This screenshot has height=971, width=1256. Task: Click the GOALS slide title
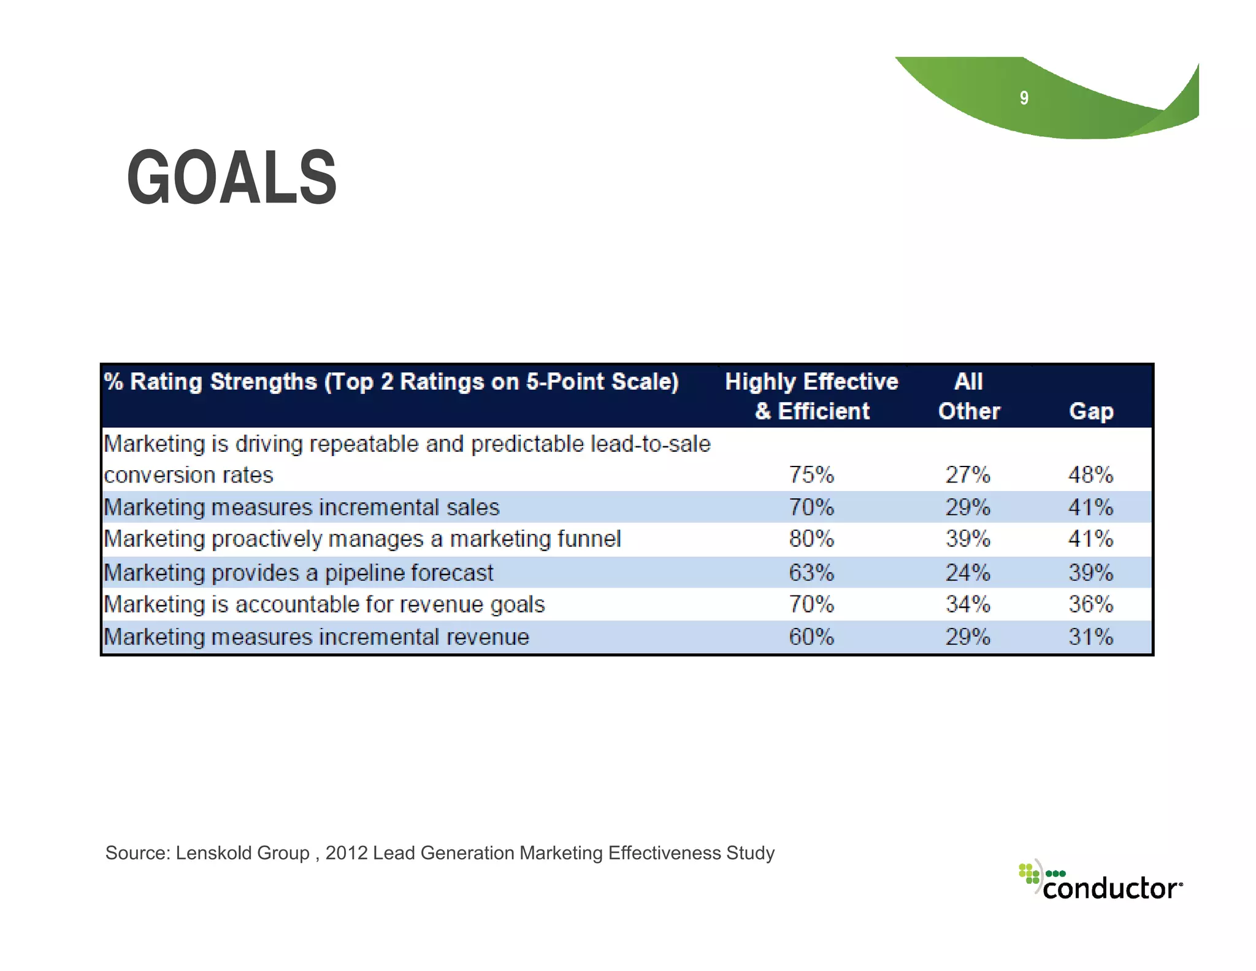tap(232, 178)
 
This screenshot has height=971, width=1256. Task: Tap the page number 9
tap(1024, 98)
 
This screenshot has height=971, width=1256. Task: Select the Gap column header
tap(1091, 411)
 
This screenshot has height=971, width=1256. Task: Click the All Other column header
tap(969, 397)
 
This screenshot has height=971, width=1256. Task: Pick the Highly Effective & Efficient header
tap(811, 397)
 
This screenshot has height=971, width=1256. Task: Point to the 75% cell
tap(811, 475)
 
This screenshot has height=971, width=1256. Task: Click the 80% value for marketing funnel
tap(811, 539)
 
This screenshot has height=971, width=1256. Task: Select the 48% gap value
tap(1090, 475)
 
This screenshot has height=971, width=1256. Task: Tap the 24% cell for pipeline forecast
tap(967, 573)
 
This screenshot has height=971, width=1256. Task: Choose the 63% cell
tap(811, 573)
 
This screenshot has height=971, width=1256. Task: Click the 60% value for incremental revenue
tap(811, 637)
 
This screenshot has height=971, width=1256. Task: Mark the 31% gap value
tap(1090, 637)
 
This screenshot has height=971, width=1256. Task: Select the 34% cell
tap(967, 605)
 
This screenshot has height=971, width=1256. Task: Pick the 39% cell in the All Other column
tap(967, 539)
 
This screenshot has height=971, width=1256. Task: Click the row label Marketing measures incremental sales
tap(302, 508)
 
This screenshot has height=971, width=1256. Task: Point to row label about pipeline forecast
tap(298, 573)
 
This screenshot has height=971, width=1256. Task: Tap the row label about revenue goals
tap(324, 605)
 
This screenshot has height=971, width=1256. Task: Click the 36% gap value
tap(1090, 605)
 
